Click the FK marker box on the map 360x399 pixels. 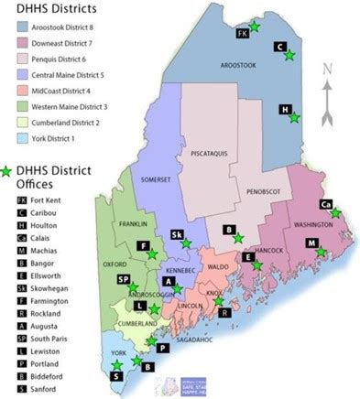[x=243, y=33]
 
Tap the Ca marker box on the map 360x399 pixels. [x=325, y=204]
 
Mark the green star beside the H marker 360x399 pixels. [x=294, y=116]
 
